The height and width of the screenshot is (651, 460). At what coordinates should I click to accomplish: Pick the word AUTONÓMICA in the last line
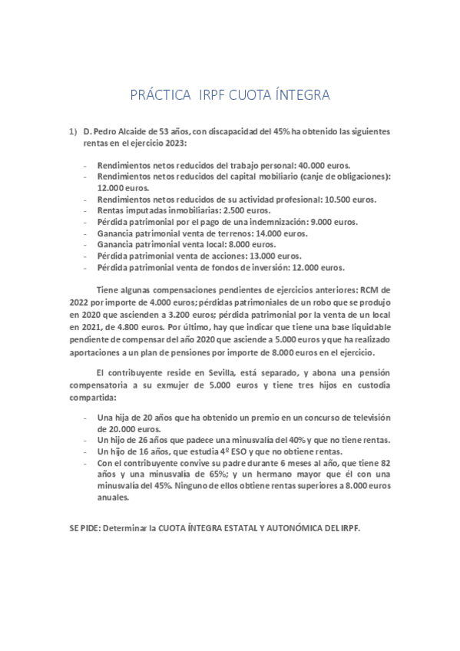[287, 529]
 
